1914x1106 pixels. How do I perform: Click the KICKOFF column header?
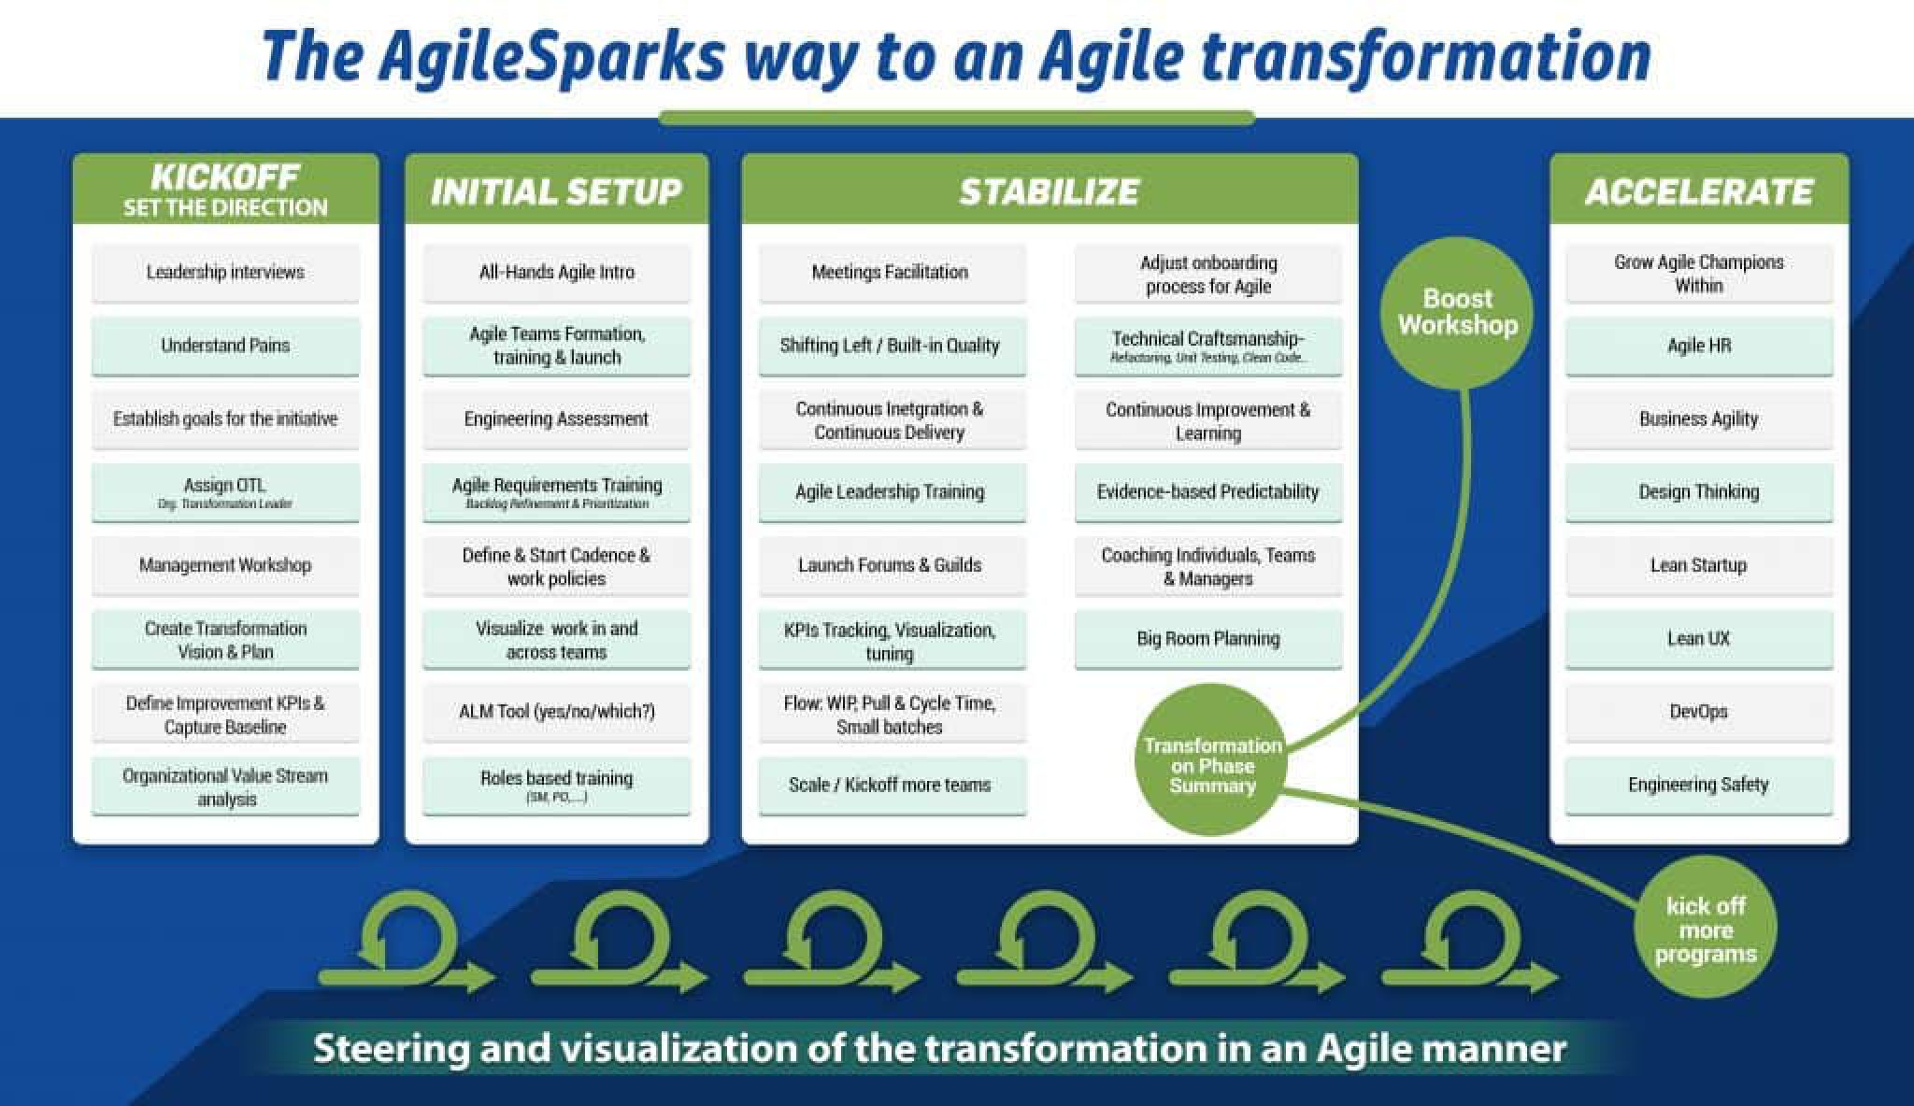225,190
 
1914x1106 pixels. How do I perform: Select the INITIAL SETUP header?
556,191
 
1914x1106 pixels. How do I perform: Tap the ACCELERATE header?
1698,191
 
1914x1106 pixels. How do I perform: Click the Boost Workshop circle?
1457,312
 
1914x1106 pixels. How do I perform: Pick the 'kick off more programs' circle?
1705,929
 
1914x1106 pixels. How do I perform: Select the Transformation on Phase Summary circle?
1211,765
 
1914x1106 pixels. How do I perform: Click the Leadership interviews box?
225,272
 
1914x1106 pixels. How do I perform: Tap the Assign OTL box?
225,492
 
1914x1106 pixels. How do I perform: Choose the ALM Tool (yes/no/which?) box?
556,712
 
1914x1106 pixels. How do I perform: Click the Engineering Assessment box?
556,418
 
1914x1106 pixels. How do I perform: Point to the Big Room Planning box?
1207,639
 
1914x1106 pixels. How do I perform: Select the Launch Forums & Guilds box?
890,565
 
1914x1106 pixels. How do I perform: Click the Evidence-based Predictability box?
1207,492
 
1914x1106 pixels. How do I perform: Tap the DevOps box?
1698,712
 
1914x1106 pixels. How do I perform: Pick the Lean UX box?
1698,639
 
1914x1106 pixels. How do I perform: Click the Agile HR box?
1698,346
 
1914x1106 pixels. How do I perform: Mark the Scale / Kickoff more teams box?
890,785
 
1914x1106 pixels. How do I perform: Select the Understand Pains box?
225,346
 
